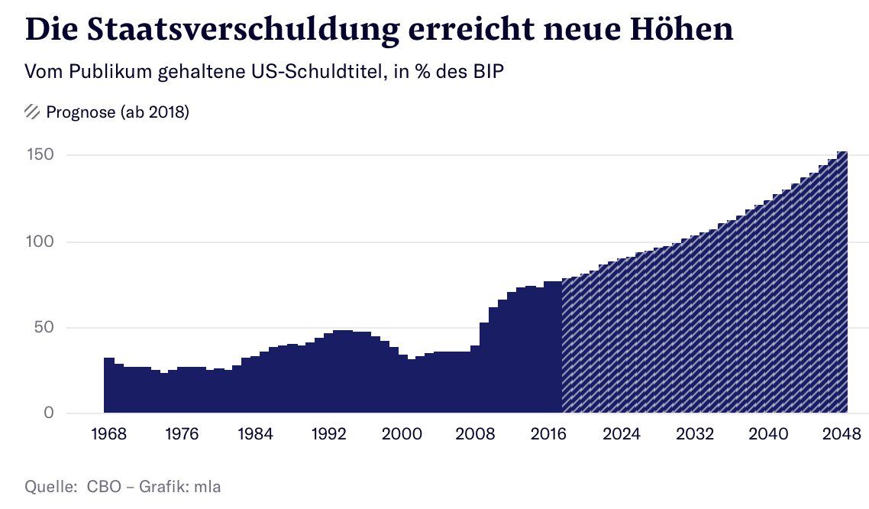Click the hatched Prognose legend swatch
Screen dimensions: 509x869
[32, 112]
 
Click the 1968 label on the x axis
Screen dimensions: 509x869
[108, 434]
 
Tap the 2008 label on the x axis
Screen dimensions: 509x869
[475, 434]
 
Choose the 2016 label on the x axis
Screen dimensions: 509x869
[548, 434]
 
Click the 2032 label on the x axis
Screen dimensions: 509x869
[695, 434]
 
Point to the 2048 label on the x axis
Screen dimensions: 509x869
[843, 434]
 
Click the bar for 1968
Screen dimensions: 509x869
[108, 386]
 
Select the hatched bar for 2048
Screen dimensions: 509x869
[842, 283]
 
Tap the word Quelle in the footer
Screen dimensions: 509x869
[50, 486]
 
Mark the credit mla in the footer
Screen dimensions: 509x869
[206, 486]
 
